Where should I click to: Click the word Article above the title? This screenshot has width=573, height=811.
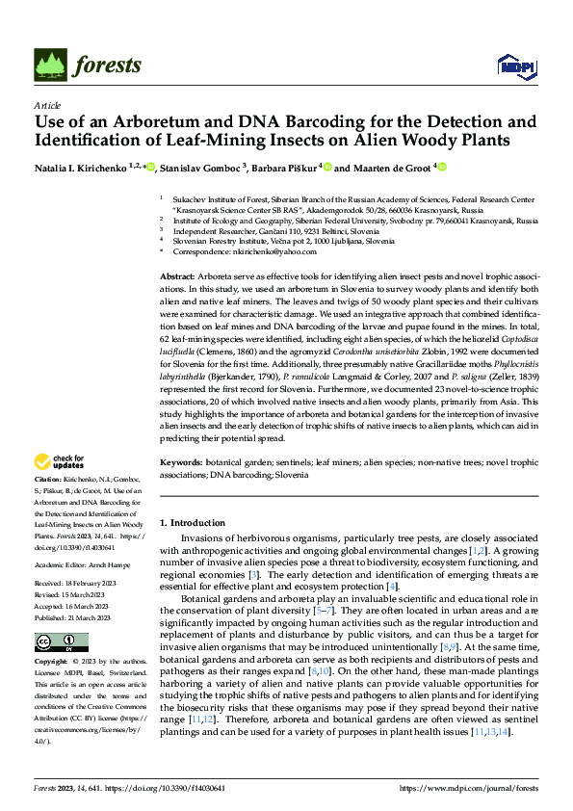47,105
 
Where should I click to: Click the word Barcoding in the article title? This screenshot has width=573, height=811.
315,122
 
